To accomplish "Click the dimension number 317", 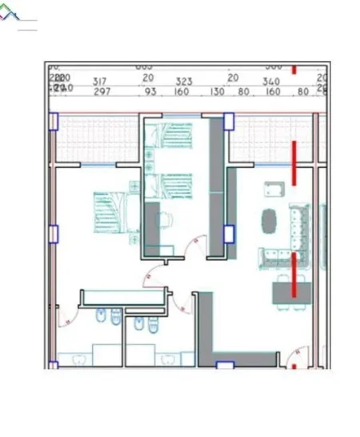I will click(x=100, y=81).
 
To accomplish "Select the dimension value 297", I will click(x=102, y=92).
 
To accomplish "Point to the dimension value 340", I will click(x=270, y=81).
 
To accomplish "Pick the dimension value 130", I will click(x=216, y=92).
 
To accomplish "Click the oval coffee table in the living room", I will click(x=270, y=219).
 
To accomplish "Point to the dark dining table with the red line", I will click(x=289, y=294).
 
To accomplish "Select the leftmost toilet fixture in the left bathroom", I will click(x=102, y=319).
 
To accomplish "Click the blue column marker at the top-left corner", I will click(x=54, y=122).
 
